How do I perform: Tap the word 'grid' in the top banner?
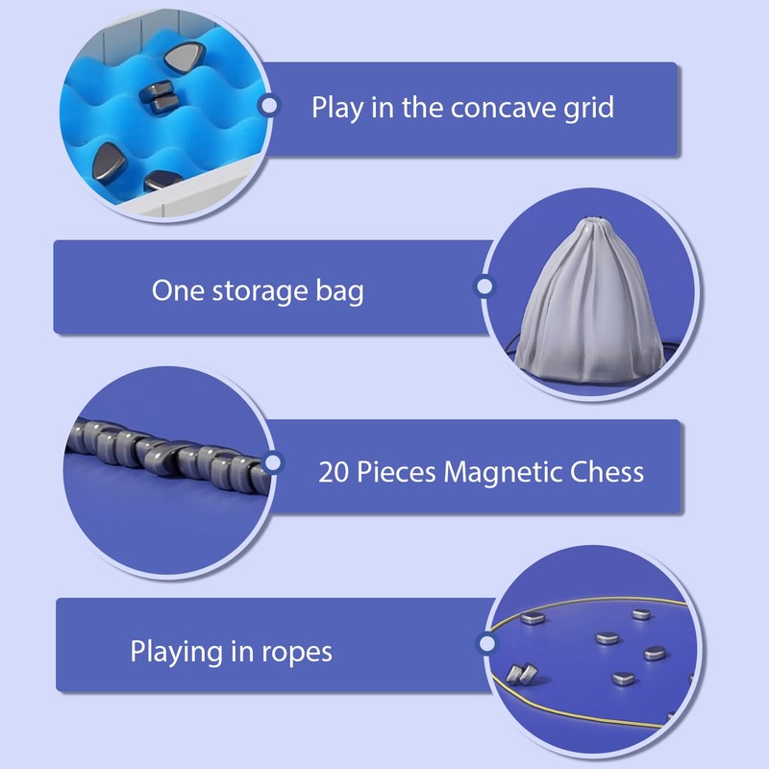587,108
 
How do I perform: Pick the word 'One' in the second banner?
178,290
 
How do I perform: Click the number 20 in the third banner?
332,472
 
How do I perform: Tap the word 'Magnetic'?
500,472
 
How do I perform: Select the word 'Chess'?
605,472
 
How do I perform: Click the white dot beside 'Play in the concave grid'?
270,106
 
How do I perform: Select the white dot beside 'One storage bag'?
484,285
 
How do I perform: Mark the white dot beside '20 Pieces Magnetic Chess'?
273,464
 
